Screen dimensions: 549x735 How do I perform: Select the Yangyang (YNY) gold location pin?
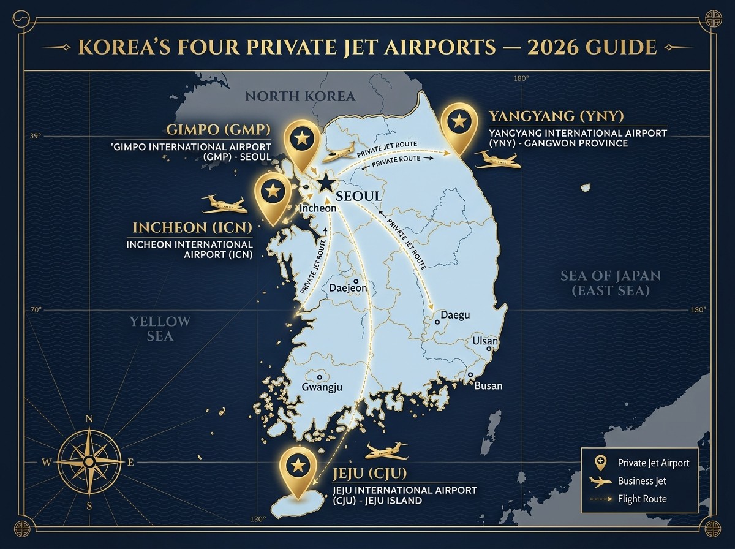(458, 124)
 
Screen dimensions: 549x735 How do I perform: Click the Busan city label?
(488, 385)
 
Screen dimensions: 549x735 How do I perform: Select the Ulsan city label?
(484, 341)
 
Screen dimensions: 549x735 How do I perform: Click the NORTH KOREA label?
(300, 96)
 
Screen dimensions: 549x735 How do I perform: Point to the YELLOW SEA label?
(160, 328)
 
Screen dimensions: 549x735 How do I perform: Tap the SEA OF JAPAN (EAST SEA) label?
(611, 282)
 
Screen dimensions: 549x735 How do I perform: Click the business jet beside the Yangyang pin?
(497, 161)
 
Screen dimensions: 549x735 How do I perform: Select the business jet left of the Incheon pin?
(224, 203)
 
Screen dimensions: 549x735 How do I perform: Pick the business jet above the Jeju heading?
(386, 452)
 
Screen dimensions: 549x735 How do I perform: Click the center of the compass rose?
(89, 461)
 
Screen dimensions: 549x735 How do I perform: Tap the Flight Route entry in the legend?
(642, 499)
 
